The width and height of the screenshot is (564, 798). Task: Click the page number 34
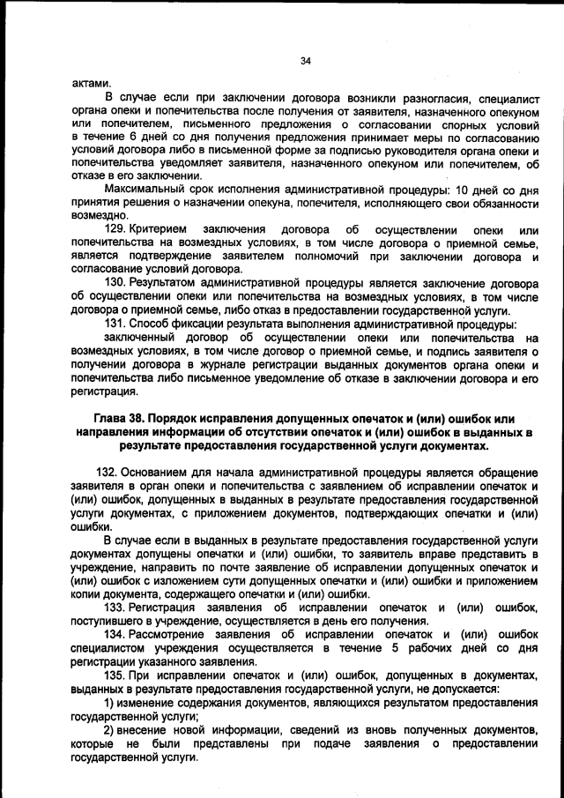pyautogui.click(x=305, y=61)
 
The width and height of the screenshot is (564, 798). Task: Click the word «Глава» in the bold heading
pyautogui.click(x=113, y=418)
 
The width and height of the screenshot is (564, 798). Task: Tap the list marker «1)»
pyautogui.click(x=109, y=702)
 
